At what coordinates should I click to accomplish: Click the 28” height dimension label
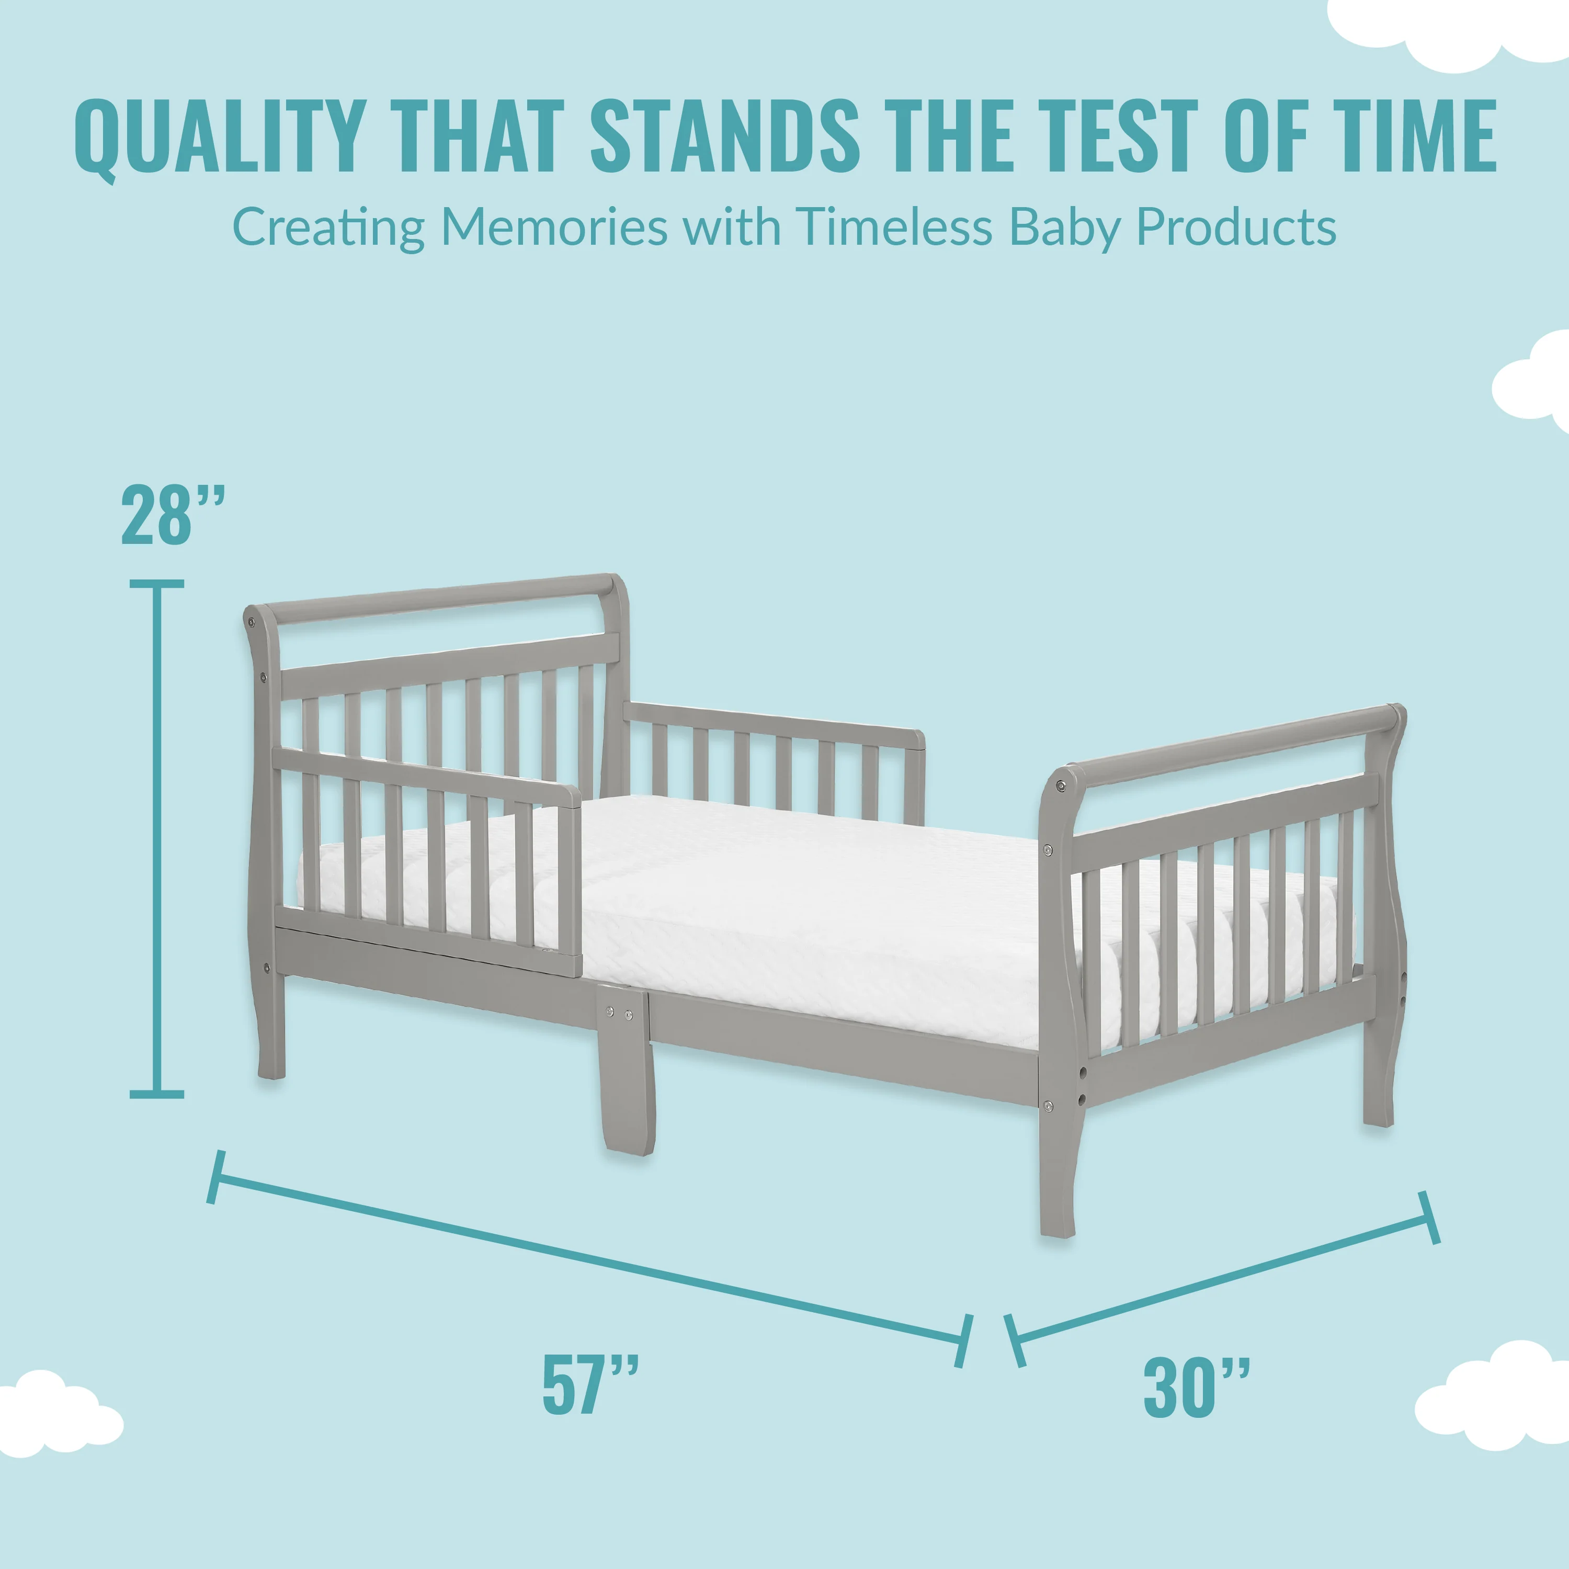coord(172,517)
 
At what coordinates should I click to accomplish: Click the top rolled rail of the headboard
coord(439,599)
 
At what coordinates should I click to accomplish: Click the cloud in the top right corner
coord(1454,32)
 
